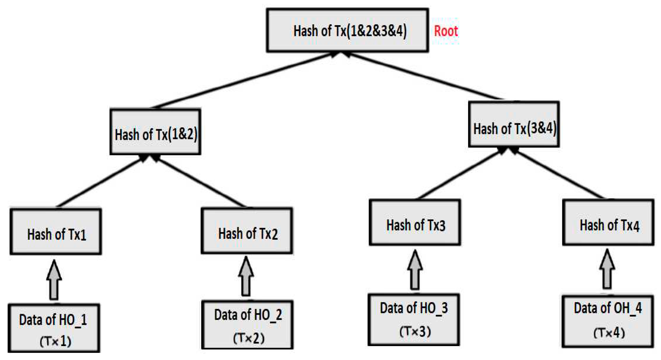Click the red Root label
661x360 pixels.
[446, 31]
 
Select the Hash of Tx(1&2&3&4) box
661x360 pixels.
[348, 30]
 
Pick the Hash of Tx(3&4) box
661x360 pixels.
[514, 124]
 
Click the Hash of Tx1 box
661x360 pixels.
[56, 232]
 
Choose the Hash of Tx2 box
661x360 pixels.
[247, 231]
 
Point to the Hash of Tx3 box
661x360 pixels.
[415, 223]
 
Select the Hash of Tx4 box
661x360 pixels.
[608, 223]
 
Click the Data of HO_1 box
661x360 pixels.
[54, 328]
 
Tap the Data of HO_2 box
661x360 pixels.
[248, 325]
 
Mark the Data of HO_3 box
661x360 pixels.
[414, 320]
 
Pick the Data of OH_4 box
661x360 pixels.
[608, 321]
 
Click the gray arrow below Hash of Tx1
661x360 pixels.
[54, 280]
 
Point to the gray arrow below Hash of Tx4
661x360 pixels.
[607, 269]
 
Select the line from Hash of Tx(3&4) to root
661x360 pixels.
[425, 76]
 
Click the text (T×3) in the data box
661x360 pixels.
[415, 332]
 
